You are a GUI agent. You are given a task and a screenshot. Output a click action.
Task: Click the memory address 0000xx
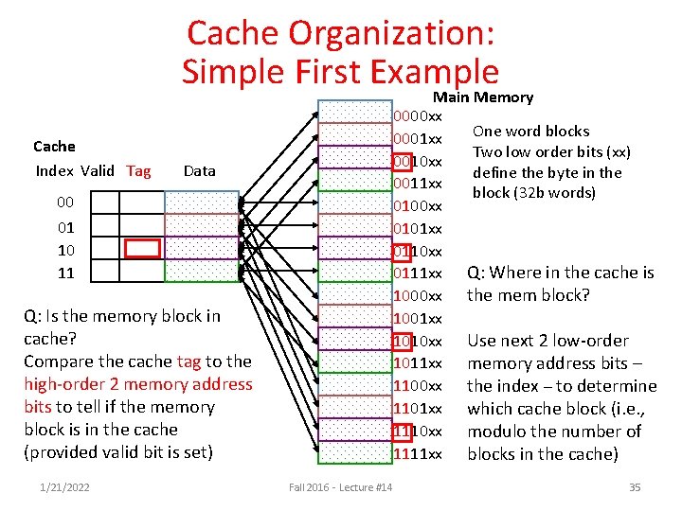(418, 116)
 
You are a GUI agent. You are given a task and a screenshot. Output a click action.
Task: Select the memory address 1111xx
(418, 454)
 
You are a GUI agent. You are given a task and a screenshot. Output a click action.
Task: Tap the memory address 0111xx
(418, 273)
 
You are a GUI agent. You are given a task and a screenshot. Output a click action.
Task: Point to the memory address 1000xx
(418, 296)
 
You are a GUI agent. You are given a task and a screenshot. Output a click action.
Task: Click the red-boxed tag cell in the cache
(143, 248)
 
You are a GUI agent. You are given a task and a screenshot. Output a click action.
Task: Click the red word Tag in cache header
(138, 171)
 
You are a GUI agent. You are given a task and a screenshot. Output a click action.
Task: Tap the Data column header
(199, 171)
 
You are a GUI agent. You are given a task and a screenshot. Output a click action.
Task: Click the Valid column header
(98, 171)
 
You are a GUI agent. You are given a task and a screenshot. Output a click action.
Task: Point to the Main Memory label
(483, 97)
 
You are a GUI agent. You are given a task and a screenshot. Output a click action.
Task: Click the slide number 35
(634, 487)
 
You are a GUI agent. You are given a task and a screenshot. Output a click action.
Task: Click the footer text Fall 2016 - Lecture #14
(341, 487)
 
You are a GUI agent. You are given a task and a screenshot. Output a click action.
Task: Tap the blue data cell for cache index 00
(202, 203)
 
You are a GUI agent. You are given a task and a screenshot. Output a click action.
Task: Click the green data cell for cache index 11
(202, 272)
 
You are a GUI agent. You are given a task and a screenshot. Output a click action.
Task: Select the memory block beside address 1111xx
(354, 452)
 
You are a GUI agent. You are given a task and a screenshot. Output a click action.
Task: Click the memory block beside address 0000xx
(354, 113)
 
